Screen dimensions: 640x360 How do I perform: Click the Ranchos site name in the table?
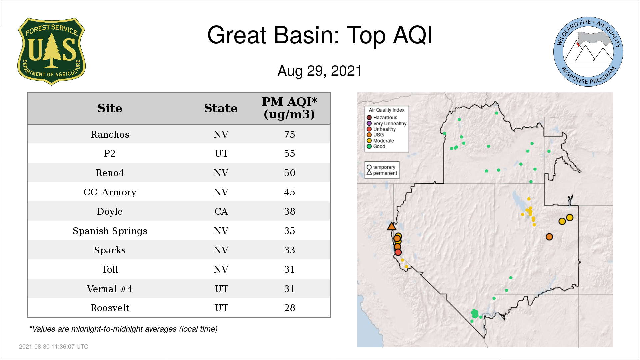[110, 134]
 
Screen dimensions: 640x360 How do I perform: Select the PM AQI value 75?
[289, 134]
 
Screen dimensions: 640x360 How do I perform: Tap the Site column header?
[110, 108]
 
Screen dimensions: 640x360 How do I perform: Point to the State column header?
[221, 108]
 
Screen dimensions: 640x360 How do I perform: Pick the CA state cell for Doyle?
[221, 211]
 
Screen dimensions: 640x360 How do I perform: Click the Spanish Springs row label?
[110, 231]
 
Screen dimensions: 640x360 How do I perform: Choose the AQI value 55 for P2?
[289, 153]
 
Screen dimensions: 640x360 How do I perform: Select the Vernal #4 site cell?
[110, 289]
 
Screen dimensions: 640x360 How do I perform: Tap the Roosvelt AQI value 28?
[289, 308]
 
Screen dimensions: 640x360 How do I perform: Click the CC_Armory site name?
[110, 192]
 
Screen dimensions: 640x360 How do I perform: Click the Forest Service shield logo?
[51, 51]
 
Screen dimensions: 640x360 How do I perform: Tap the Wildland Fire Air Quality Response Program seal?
[588, 52]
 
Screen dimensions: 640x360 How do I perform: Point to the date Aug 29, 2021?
[320, 71]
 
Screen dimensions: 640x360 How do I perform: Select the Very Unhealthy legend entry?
[387, 123]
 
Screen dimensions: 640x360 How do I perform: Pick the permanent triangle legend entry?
[382, 173]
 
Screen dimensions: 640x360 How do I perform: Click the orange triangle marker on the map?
[392, 227]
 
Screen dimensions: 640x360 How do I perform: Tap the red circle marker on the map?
[398, 252]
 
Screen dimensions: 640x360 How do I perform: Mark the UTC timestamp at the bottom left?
[54, 347]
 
